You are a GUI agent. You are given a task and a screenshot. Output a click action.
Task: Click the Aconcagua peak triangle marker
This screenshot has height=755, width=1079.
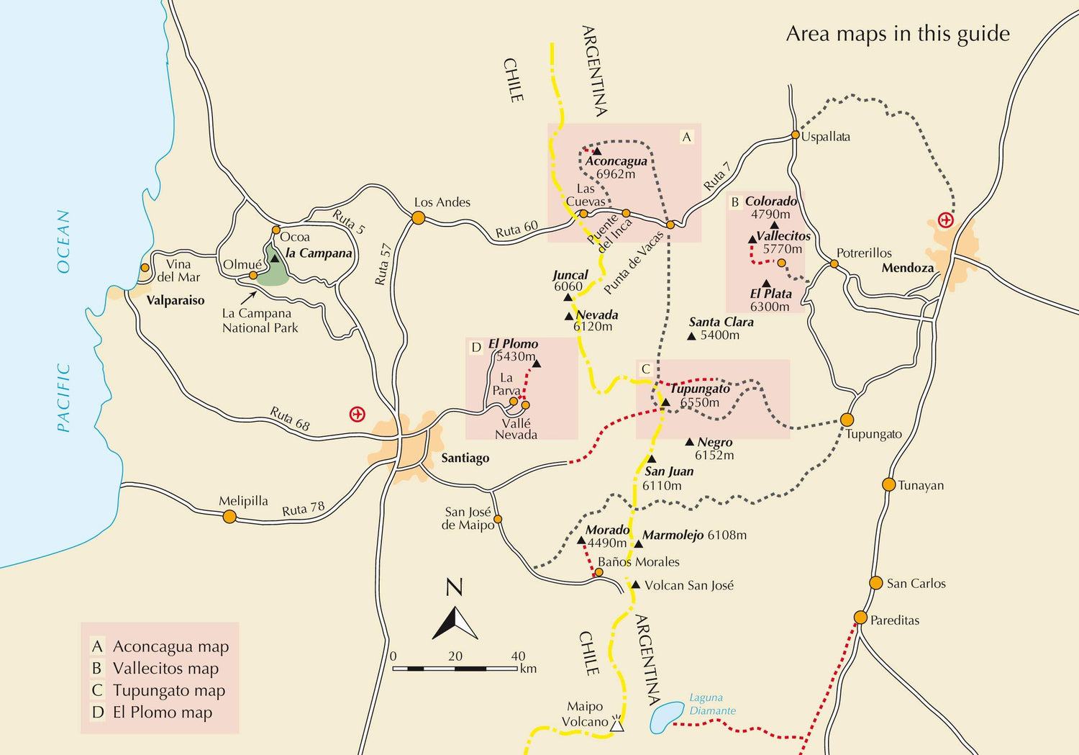tap(596, 151)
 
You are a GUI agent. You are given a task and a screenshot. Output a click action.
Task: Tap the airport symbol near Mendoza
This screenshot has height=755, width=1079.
tap(946, 220)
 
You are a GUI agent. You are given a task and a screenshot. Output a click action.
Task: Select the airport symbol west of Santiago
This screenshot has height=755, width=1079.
tap(357, 414)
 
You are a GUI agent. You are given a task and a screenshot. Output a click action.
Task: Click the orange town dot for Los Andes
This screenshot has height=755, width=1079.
tap(418, 217)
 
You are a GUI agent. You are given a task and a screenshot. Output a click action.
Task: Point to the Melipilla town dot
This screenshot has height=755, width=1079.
tap(229, 516)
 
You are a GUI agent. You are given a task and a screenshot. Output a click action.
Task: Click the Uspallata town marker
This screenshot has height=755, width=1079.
tap(795, 135)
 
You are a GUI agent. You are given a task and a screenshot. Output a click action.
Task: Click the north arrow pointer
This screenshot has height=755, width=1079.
tap(455, 623)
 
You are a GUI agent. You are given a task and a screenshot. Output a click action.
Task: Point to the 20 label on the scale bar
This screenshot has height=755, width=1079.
tap(455, 656)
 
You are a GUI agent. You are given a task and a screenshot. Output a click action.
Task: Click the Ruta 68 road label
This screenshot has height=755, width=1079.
tap(290, 419)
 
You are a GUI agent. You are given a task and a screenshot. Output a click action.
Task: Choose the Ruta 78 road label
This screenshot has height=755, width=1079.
tap(303, 509)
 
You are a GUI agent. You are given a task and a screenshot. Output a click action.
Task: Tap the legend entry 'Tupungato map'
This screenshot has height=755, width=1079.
tap(169, 690)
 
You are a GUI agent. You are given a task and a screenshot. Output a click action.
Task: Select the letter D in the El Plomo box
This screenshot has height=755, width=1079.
tap(475, 348)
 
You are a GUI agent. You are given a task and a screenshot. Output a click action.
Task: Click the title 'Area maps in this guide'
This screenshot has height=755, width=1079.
tap(897, 34)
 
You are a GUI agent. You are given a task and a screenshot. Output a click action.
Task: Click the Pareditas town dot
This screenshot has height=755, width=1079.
tap(860, 618)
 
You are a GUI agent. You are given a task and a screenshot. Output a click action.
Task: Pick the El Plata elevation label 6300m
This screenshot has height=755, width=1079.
tap(770, 307)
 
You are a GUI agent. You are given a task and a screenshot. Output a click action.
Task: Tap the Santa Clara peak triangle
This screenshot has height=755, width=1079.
tap(691, 336)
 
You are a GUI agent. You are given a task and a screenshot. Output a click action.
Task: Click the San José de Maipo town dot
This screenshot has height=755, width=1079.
tap(497, 519)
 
